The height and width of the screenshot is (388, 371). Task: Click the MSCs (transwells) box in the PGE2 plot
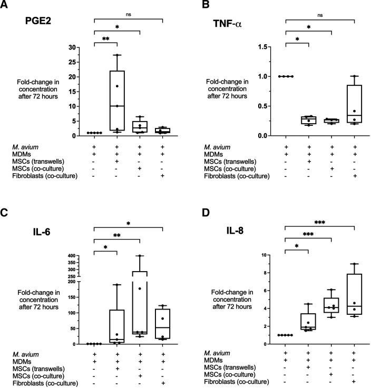117,100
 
